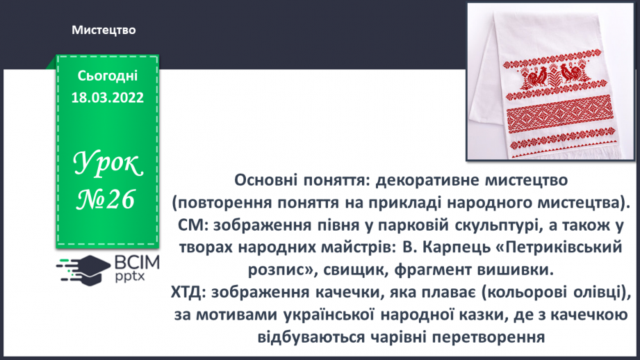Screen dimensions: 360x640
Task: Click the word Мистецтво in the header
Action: (x=103, y=30)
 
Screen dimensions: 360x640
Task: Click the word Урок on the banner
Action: (x=108, y=165)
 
